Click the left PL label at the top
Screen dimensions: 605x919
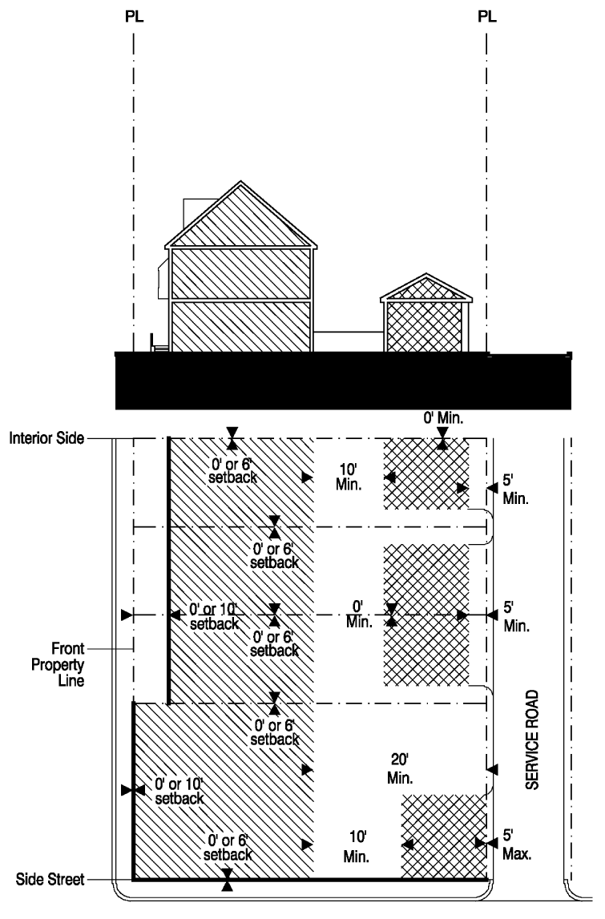134,16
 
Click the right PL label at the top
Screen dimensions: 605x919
486,16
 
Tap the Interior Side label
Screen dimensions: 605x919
46,437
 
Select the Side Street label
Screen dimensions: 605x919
50,879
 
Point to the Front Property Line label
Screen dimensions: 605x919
58,665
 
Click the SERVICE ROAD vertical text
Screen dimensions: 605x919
531,740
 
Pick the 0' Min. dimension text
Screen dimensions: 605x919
443,418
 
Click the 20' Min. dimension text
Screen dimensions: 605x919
400,768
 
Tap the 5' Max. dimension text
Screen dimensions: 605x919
517,844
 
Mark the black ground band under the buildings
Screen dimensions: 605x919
343,381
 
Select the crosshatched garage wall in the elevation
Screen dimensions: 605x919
425,326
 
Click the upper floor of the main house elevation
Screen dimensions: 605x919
240,274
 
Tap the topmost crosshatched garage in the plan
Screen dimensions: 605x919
426,474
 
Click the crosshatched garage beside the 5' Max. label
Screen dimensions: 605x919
444,836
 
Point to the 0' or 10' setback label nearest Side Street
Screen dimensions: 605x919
179,791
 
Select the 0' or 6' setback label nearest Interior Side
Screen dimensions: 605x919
232,470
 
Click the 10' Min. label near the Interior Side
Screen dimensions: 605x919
349,477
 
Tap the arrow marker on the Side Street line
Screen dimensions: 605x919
228,880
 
